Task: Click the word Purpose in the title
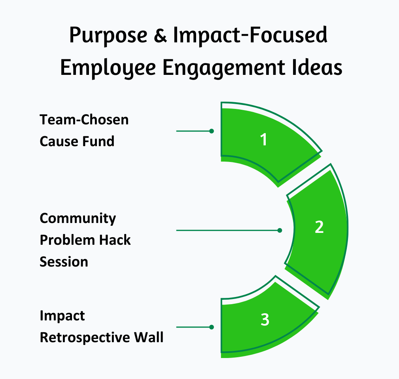pos(108,36)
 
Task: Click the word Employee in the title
pos(108,68)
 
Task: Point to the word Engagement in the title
pos(224,68)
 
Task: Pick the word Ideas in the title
pos(317,67)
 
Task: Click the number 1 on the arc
pos(264,140)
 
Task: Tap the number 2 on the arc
pos(319,227)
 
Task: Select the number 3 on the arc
pos(265,320)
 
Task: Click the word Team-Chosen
pos(84,120)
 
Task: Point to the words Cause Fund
pos(77,141)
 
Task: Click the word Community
pos(78,219)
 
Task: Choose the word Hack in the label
pos(115,240)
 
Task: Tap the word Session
pos(64,262)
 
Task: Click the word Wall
pos(149,337)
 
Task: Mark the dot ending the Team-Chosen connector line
pos(212,131)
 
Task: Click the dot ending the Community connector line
pos(280,230)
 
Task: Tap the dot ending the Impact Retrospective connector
pos(212,327)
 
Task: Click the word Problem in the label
pos(68,240)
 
